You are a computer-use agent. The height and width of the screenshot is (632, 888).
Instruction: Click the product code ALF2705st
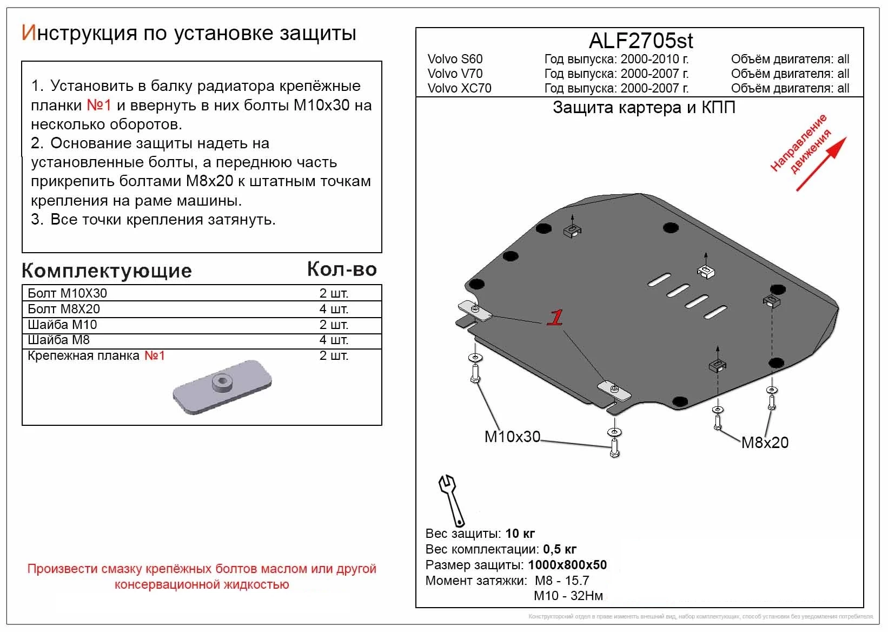click(640, 41)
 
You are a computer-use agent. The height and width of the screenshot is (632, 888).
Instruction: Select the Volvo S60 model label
click(455, 59)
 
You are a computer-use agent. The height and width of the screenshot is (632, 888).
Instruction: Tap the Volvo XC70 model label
click(459, 88)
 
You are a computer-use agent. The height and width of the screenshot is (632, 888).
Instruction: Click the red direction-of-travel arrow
click(821, 164)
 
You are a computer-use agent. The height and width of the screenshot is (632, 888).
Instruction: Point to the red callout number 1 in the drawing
click(555, 318)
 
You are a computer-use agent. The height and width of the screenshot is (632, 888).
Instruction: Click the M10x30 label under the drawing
click(512, 437)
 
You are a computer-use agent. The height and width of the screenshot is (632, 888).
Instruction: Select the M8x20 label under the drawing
click(765, 443)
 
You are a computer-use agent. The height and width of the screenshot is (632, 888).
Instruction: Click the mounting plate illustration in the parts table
click(222, 386)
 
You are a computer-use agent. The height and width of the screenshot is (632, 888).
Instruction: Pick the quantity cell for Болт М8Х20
click(334, 309)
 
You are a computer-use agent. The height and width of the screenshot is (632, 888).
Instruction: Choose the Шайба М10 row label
click(62, 325)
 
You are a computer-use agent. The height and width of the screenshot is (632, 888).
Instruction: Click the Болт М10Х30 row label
click(67, 293)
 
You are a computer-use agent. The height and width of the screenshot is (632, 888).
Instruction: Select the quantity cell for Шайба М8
click(334, 340)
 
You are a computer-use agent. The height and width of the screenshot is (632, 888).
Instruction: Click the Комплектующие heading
click(107, 271)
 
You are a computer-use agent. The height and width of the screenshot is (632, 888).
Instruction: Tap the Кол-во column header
click(342, 269)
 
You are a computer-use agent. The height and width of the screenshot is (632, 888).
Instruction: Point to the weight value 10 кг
click(520, 534)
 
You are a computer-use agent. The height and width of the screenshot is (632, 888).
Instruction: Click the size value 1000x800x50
click(567, 565)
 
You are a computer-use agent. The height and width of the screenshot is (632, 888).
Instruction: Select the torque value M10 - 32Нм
click(568, 596)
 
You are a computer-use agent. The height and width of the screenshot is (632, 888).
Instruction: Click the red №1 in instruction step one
click(99, 105)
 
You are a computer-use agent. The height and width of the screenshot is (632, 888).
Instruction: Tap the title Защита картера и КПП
click(644, 108)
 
